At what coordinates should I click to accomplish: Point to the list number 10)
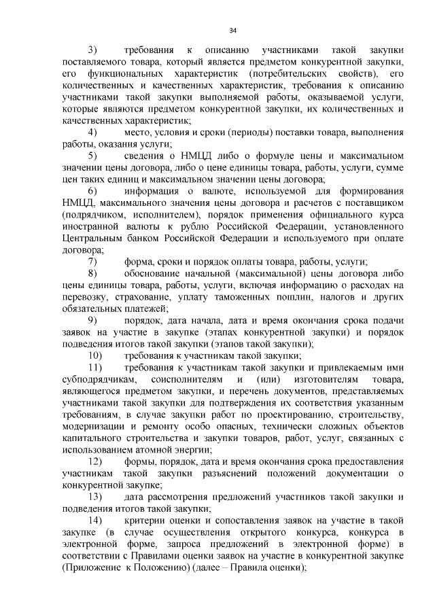pyautogui.click(x=94, y=355)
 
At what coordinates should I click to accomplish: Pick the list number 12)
pyautogui.click(x=94, y=461)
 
